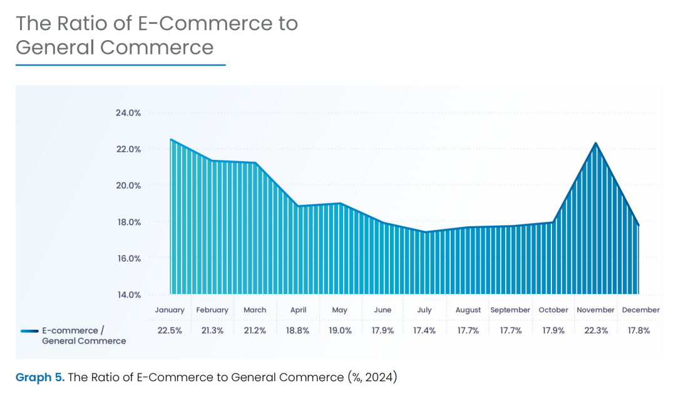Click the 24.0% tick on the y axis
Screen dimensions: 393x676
128,113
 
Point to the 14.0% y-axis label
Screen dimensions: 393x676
128,295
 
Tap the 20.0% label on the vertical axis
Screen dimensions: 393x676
128,186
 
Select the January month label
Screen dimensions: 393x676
170,310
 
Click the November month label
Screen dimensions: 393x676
596,310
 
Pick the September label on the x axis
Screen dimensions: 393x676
510,310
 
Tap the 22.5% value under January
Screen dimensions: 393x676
170,330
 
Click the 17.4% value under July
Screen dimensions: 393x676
425,330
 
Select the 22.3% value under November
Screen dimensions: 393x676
596,330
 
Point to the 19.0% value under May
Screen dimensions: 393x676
340,330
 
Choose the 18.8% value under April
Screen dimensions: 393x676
297,330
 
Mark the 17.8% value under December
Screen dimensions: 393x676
638,330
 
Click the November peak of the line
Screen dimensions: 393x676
596,143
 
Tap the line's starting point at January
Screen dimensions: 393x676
170,140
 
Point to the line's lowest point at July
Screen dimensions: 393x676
426,232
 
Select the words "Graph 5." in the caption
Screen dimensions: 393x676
40,377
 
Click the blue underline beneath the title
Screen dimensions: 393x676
120,65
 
